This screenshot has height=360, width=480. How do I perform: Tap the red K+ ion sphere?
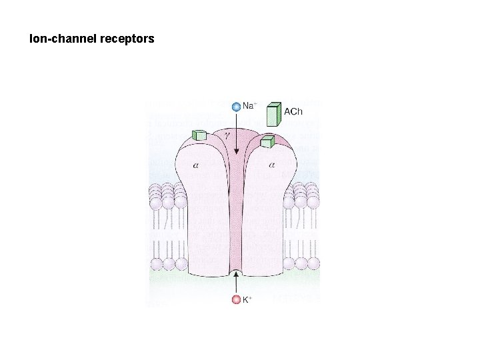[235, 299]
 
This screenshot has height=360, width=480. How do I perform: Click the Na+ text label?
[249, 105]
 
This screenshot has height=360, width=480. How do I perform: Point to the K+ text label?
[247, 300]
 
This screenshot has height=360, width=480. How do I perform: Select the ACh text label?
[293, 111]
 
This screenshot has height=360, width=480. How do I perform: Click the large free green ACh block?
[272, 114]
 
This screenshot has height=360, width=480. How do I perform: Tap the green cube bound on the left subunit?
[198, 135]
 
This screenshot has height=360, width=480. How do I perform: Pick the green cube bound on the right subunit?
[268, 141]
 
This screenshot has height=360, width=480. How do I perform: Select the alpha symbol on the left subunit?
[195, 165]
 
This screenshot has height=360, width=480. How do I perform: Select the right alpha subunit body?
[267, 213]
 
